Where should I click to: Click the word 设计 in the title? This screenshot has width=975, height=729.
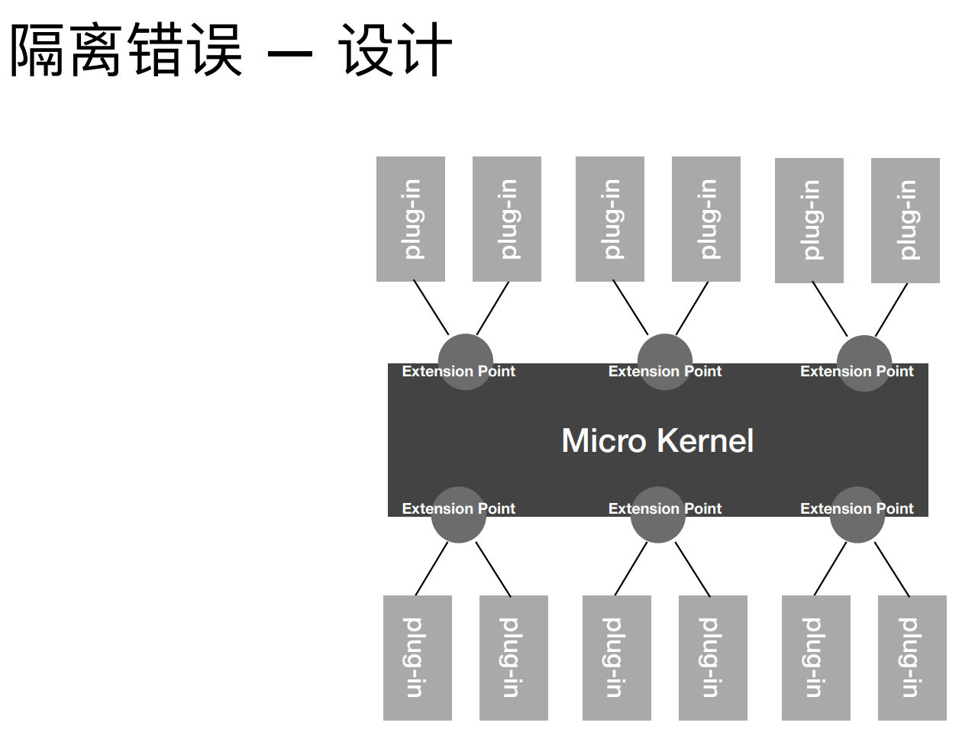coord(395,50)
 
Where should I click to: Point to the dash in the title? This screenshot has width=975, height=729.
coord(289,53)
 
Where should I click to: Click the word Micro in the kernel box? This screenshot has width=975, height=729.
coord(603,440)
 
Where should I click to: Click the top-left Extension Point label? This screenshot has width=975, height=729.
coord(458,372)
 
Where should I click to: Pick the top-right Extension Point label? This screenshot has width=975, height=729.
coord(857,372)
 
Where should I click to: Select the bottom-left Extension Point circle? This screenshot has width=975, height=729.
coord(458,527)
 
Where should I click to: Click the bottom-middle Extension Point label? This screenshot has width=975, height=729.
coord(664,508)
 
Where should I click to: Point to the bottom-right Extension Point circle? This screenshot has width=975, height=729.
coord(857,527)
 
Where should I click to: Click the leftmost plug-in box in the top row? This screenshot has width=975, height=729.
coord(411,219)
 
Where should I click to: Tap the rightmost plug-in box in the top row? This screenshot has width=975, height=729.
coord(905,221)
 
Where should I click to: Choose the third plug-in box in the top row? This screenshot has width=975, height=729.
coord(609,219)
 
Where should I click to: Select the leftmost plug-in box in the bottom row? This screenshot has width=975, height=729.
coord(417,657)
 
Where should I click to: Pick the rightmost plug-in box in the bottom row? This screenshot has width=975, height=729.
coord(912,657)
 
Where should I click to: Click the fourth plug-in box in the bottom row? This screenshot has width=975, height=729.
coord(712,657)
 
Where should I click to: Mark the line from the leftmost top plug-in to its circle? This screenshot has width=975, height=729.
coord(431,307)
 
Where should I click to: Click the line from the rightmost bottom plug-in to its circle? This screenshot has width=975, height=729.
coord(892,569)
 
